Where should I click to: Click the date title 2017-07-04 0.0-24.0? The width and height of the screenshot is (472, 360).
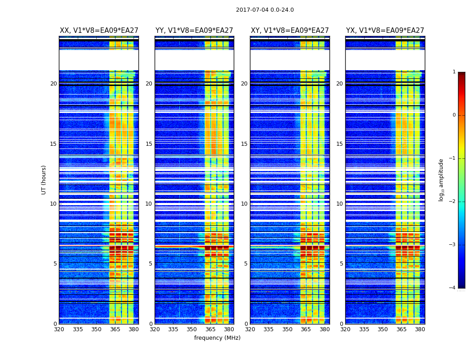(x=265, y=10)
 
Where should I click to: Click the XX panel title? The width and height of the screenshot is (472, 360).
(x=99, y=31)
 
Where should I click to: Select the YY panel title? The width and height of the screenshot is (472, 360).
(x=194, y=31)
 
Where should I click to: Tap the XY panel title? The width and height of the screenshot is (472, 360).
(x=289, y=31)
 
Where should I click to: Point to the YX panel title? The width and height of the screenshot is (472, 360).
(x=385, y=31)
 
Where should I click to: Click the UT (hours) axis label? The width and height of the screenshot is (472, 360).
(x=44, y=180)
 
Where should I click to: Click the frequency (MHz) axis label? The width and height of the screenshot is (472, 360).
(x=217, y=338)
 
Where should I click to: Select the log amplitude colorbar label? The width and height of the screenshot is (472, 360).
(x=441, y=180)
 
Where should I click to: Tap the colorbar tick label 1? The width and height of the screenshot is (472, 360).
(x=454, y=72)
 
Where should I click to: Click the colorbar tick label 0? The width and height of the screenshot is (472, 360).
(x=454, y=115)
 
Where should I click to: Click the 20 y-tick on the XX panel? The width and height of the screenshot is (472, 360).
(x=53, y=84)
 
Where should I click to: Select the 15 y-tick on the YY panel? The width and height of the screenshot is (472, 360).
(x=149, y=144)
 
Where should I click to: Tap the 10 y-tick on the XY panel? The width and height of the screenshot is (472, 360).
(x=244, y=204)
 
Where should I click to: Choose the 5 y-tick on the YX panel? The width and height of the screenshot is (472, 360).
(x=341, y=264)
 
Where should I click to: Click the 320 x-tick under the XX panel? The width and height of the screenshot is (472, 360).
(x=59, y=329)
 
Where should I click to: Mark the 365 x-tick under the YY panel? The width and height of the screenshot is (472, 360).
(x=210, y=329)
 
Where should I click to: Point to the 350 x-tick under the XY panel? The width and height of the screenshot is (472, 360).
(x=287, y=329)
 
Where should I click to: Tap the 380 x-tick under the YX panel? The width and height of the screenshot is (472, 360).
(x=420, y=329)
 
